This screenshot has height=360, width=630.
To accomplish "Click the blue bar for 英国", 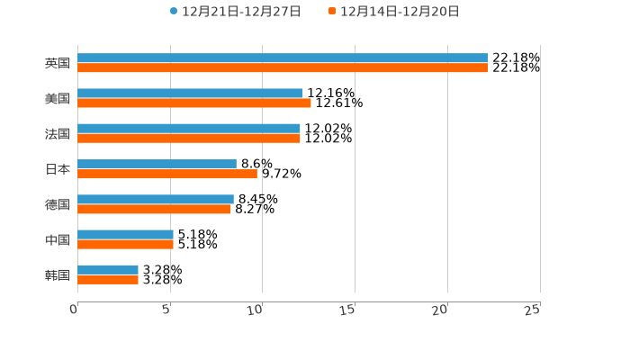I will [x=283, y=58].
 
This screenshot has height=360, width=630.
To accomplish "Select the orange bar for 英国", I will [x=283, y=67].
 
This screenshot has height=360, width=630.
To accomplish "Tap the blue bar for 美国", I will [x=190, y=93].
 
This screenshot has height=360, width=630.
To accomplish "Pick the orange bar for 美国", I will [x=194, y=103].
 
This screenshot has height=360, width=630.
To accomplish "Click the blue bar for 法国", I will [x=189, y=129].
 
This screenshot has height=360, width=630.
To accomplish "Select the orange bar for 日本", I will [x=167, y=174].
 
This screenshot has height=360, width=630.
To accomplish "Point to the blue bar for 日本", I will [x=157, y=164].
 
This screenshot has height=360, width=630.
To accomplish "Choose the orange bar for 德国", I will [x=154, y=209].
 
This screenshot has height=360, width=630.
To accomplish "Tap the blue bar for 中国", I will [x=125, y=234].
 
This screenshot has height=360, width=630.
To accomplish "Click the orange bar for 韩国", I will [x=108, y=279].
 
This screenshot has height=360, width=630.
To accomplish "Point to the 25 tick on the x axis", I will [x=533, y=310].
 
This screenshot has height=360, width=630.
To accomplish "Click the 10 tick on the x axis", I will [x=256, y=310].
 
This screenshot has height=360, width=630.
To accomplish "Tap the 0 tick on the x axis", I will [x=75, y=310].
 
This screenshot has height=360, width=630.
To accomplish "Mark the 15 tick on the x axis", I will [x=348, y=310].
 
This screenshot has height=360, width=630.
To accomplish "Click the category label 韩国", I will [x=58, y=274].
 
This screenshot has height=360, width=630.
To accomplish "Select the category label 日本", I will [x=58, y=169].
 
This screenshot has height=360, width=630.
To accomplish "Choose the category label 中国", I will [x=58, y=239].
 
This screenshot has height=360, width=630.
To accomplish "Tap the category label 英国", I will [x=58, y=63].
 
